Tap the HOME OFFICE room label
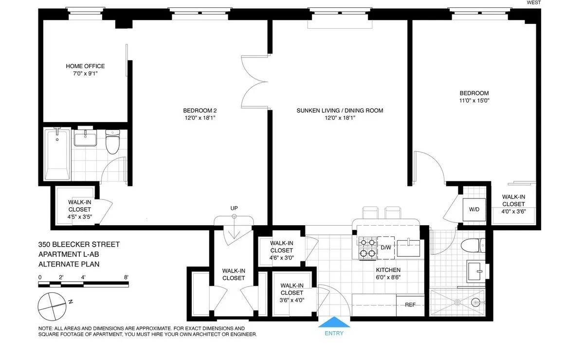(85, 66)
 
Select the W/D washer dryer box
(474, 210)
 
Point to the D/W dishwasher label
(386, 248)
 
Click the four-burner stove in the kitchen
(368, 247)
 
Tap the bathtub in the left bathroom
(57, 154)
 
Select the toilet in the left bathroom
(113, 141)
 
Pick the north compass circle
(51, 305)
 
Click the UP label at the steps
(234, 209)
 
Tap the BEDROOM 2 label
(200, 110)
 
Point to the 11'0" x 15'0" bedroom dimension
(474, 101)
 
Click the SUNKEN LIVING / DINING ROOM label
(340, 110)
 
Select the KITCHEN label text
(388, 270)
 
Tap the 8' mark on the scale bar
(126, 277)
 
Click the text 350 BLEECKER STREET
(79, 245)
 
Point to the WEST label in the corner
(534, 3)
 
